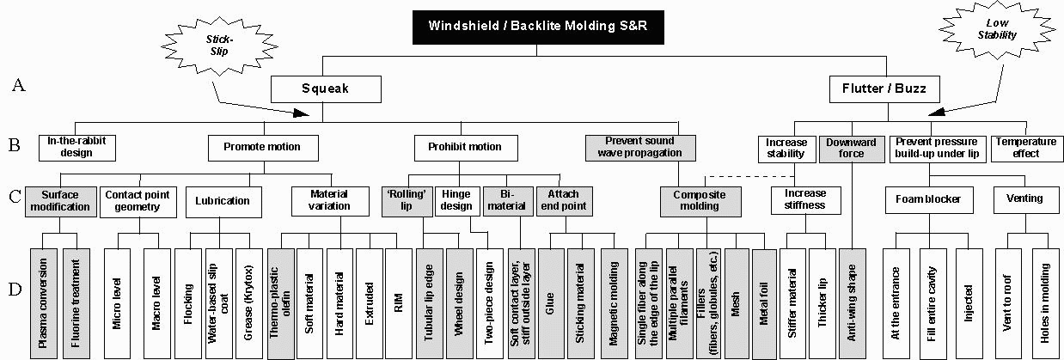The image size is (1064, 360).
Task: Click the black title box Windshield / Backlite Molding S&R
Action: click(x=538, y=27)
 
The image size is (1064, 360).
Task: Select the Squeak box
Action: click(x=326, y=89)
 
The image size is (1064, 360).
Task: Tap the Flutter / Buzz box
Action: click(x=884, y=89)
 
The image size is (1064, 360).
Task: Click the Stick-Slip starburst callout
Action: click(x=219, y=46)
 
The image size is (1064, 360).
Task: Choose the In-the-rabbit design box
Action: click(x=77, y=148)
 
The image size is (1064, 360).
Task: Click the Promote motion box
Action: click(x=263, y=148)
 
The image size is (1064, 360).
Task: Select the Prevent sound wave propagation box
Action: click(x=640, y=148)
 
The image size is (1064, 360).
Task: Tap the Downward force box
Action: click(x=852, y=149)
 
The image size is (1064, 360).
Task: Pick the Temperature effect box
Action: click(x=1026, y=149)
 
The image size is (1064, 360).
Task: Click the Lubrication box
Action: click(x=223, y=202)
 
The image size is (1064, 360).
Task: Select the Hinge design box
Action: click(x=457, y=201)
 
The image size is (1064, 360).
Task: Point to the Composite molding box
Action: click(x=700, y=201)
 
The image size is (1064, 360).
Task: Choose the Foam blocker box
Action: click(x=929, y=200)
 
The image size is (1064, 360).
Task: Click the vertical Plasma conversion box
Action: click(x=44, y=303)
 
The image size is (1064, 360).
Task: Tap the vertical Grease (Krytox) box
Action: click(x=249, y=303)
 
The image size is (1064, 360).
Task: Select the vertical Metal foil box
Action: click(x=764, y=303)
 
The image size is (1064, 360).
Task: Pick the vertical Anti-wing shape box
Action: click(x=853, y=303)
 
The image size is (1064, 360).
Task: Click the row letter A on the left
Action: click(x=18, y=85)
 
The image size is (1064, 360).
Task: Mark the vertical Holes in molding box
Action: click(x=1045, y=303)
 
